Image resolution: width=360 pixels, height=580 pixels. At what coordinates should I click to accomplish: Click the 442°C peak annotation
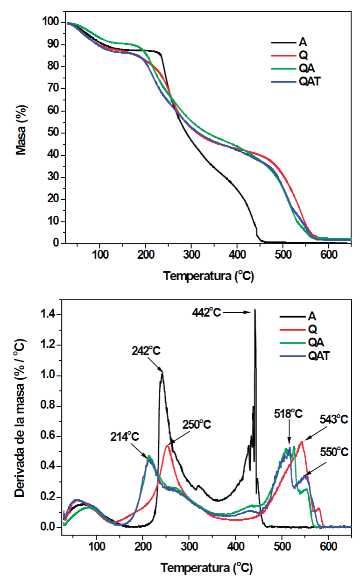[206, 311]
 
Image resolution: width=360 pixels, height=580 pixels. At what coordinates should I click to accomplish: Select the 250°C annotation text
[196, 424]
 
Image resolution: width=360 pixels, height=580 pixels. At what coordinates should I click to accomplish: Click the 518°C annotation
[288, 414]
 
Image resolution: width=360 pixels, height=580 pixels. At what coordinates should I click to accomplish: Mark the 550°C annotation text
[334, 452]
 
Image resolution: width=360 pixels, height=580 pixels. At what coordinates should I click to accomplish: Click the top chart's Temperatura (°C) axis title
[208, 276]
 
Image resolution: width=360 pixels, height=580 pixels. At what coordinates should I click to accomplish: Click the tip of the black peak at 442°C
[255, 310]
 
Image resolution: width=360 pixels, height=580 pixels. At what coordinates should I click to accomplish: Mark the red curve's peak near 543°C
[302, 442]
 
